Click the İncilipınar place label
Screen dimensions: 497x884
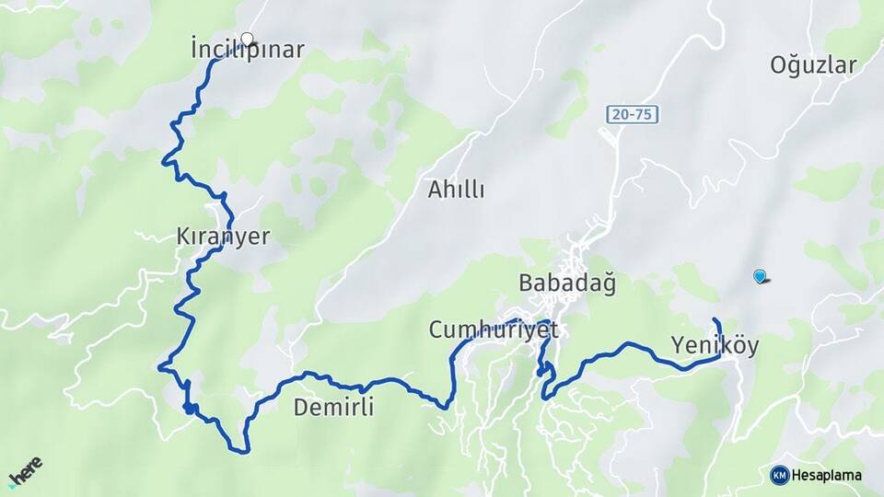point(247,50)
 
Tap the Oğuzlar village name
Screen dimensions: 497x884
point(813,64)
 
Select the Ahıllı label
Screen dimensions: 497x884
point(456,191)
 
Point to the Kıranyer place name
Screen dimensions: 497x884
point(223,237)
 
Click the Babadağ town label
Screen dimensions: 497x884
point(566,283)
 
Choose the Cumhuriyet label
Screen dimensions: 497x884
point(494,329)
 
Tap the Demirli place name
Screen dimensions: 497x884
point(333,407)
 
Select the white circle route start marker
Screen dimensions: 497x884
point(247,39)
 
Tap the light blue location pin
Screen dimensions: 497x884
point(760,275)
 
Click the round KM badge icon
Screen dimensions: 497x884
point(780,475)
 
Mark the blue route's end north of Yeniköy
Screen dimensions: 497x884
point(715,319)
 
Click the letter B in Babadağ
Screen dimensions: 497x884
point(526,283)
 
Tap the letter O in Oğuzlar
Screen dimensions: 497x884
point(778,64)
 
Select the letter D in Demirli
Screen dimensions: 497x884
point(300,407)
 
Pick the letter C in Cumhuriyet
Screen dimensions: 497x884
point(436,329)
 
